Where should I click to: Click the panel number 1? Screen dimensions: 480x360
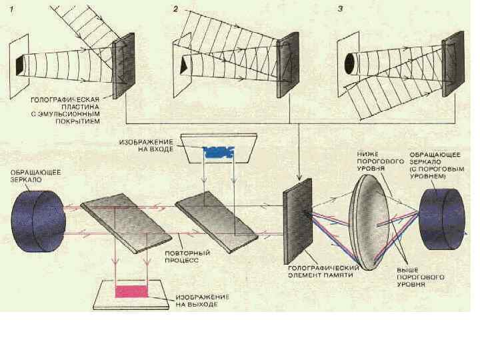pyautogui.click(x=12, y=9)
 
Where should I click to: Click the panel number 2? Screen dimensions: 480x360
pyautogui.click(x=175, y=9)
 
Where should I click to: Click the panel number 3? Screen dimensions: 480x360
pyautogui.click(x=340, y=9)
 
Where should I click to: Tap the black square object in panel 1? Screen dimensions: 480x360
pyautogui.click(x=19, y=65)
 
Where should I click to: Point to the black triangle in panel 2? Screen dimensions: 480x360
pyautogui.click(x=183, y=66)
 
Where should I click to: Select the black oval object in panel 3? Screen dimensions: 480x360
pyautogui.click(x=349, y=64)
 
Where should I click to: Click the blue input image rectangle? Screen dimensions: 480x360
pyautogui.click(x=219, y=152)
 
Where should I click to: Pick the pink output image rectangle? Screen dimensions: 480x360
pyautogui.click(x=131, y=292)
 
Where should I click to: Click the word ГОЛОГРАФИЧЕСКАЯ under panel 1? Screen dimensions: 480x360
pyautogui.click(x=65, y=100)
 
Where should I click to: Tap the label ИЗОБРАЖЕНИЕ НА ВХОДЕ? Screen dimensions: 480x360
pyautogui.click(x=146, y=146)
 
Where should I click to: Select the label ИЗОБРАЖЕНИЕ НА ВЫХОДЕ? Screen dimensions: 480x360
pyautogui.click(x=203, y=301)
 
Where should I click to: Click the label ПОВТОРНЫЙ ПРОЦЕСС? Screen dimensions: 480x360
pyautogui.click(x=187, y=257)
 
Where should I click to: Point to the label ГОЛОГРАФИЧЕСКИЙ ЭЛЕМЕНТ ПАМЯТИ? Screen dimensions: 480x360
pyautogui.click(x=323, y=271)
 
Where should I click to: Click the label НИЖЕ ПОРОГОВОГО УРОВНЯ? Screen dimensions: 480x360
pyautogui.click(x=380, y=161)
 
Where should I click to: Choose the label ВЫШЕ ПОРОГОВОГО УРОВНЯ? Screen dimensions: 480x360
pyautogui.click(x=420, y=277)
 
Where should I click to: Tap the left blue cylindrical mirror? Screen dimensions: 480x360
pyautogui.click(x=38, y=221)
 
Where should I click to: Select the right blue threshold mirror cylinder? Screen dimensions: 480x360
pyautogui.click(x=442, y=219)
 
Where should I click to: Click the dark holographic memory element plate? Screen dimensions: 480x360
pyautogui.click(x=297, y=221)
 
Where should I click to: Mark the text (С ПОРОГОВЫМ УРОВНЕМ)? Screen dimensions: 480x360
pyautogui.click(x=437, y=173)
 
